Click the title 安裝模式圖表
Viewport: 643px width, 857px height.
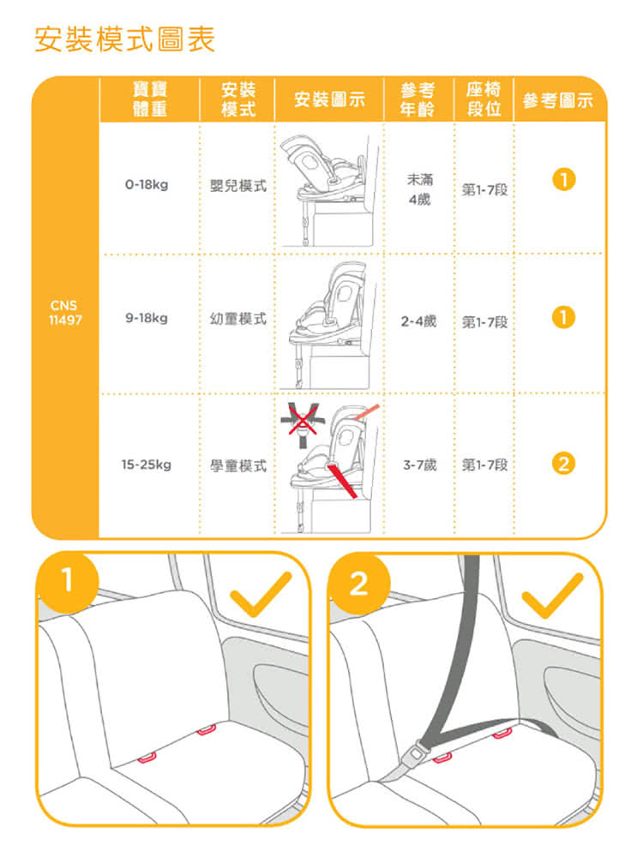pos(124,39)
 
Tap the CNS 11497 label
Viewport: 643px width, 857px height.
pos(65,313)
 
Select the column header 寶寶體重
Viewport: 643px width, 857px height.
pos(150,99)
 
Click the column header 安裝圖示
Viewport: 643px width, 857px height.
pos(329,99)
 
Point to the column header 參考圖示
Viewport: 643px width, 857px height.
pos(558,100)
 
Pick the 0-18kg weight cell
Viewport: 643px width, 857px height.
pos(147,185)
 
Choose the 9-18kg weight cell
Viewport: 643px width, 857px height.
pos(147,318)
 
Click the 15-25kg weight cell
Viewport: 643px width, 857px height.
pos(147,464)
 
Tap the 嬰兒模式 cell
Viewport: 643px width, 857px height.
pos(238,186)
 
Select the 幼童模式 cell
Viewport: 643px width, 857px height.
pos(238,319)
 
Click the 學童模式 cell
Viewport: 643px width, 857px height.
pos(238,465)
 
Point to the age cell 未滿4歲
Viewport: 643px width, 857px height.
pos(419,189)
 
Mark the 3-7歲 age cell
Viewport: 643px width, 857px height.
pos(420,465)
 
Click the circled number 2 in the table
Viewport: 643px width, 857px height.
pos(564,464)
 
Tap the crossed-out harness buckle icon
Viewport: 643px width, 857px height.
pos(303,424)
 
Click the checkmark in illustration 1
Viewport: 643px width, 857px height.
pos(261,594)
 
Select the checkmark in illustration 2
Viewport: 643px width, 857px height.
pos(552,595)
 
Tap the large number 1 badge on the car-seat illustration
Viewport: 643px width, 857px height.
pos(68,580)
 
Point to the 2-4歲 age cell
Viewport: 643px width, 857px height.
pos(419,321)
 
